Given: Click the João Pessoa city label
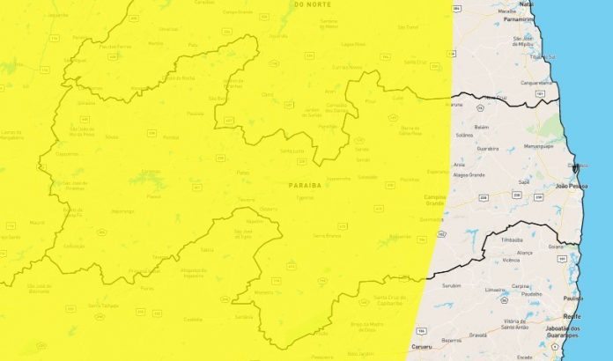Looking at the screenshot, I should tap(572, 187).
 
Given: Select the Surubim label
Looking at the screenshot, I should tap(451, 286).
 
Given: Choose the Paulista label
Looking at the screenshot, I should tap(573, 298).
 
